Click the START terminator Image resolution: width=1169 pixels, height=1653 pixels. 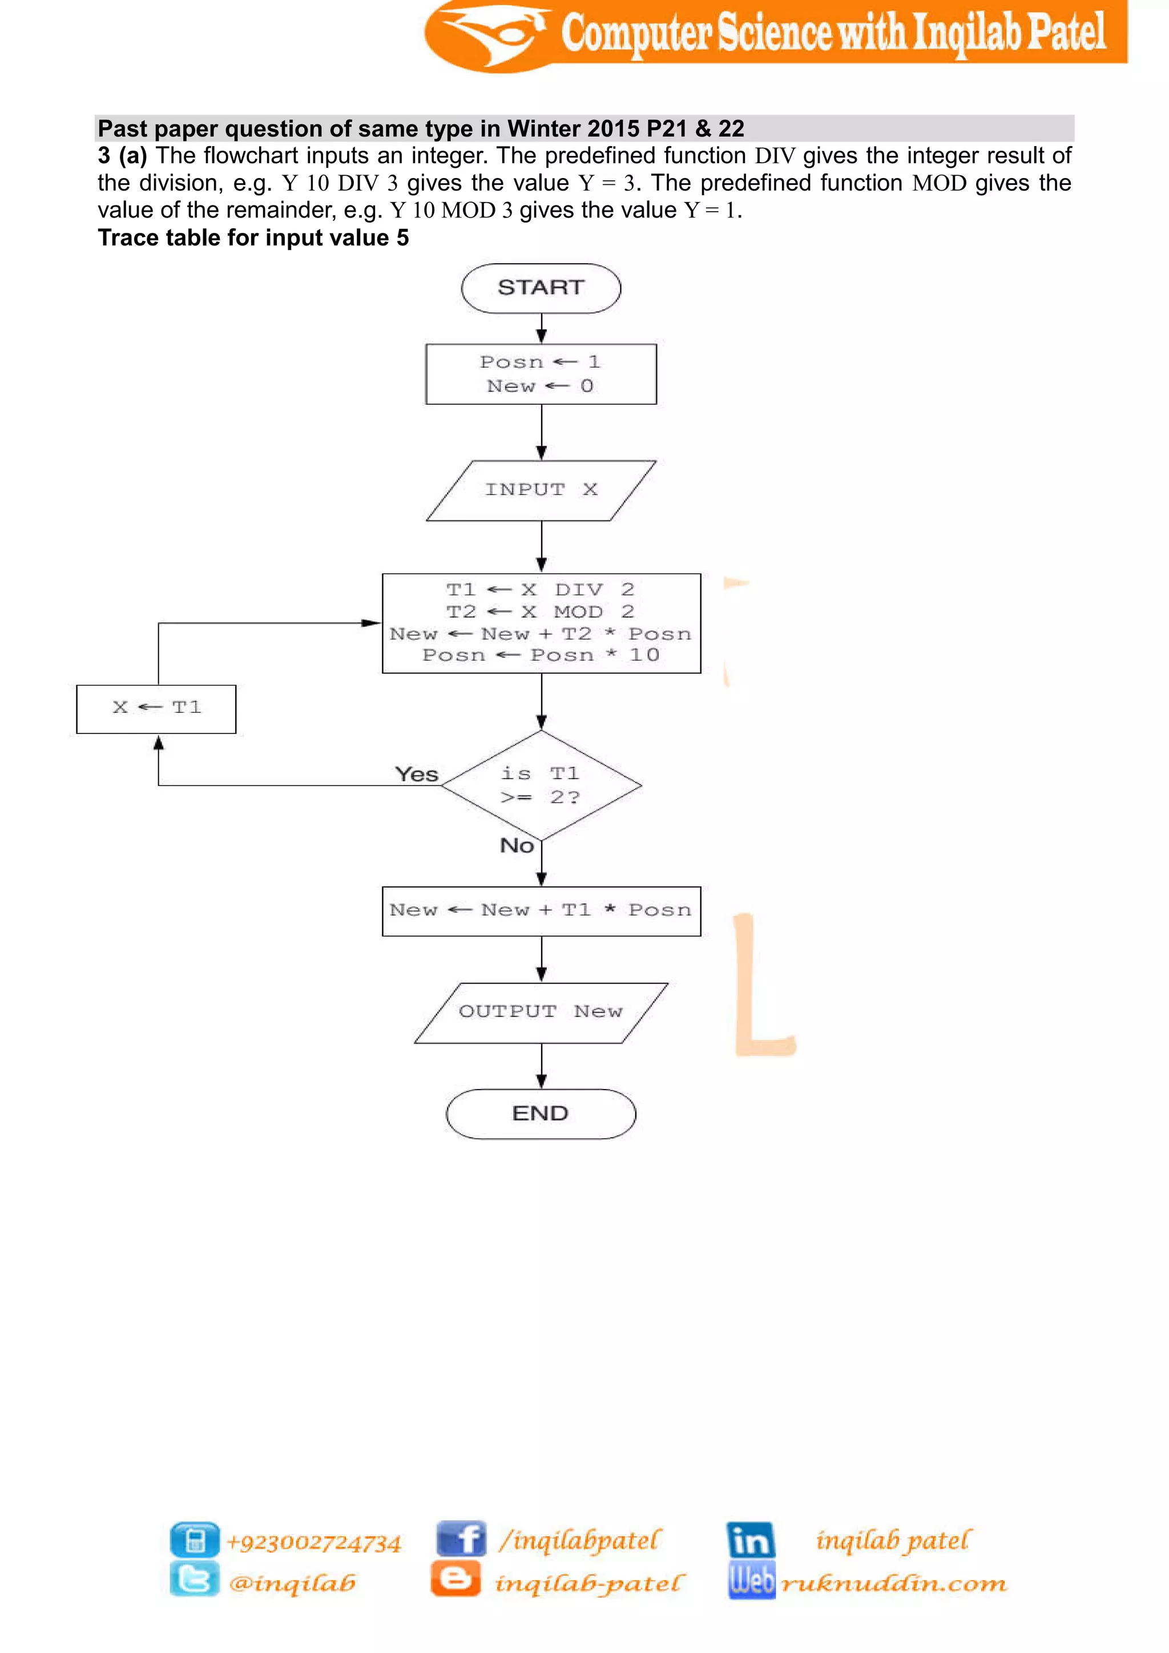(541, 288)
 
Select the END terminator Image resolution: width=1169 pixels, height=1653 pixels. (541, 1113)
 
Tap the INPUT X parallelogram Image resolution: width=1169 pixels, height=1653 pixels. (541, 490)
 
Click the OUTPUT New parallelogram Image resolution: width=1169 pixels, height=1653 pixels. (541, 1012)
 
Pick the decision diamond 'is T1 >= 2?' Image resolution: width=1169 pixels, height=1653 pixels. (541, 785)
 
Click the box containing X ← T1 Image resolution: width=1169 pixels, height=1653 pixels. (156, 708)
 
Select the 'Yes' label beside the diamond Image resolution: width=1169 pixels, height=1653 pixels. (417, 775)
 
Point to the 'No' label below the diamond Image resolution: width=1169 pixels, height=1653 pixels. (517, 845)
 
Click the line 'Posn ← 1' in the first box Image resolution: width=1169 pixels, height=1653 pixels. (540, 362)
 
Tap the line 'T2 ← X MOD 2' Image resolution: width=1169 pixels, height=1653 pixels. (540, 612)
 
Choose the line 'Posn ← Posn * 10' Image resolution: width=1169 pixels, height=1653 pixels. (540, 655)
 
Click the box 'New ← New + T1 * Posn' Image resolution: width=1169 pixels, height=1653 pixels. (541, 911)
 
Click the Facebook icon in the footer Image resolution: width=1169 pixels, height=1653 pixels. (461, 1539)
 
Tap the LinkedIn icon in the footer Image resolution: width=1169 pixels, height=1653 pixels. (750, 1539)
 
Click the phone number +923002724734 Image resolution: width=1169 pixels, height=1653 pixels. (313, 1542)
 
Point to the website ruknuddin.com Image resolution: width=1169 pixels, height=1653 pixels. (893, 1583)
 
